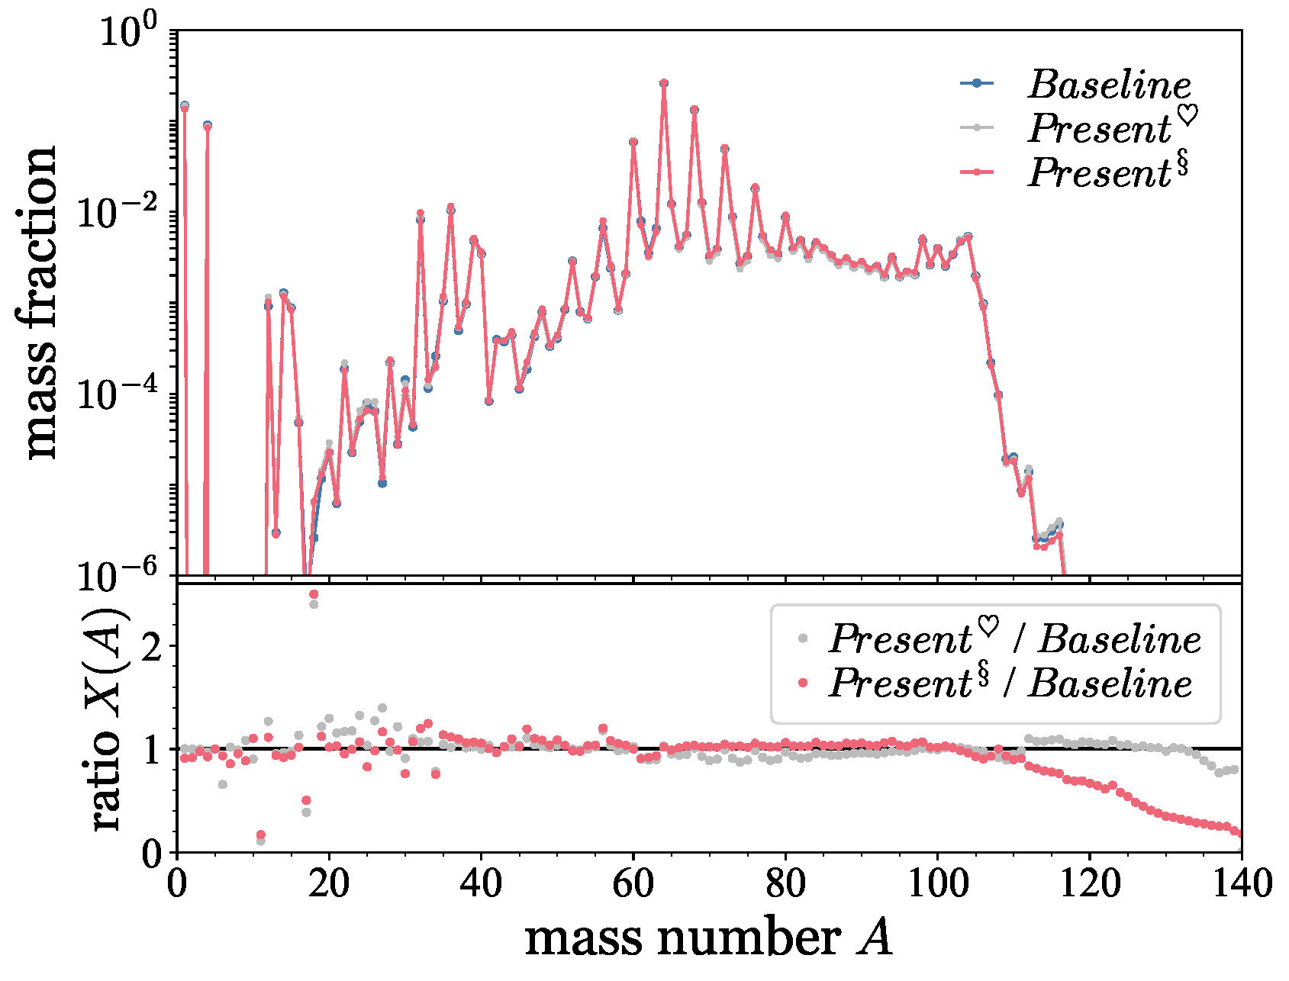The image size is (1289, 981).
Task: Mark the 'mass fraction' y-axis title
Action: point(40,303)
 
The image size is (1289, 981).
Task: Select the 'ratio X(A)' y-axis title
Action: point(107,719)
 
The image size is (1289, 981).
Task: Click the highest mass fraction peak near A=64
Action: point(664,83)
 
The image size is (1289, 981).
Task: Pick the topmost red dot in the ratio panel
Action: point(314,594)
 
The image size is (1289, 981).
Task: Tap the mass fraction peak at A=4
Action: point(207,126)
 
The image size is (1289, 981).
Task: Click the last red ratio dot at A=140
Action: point(1239,834)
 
